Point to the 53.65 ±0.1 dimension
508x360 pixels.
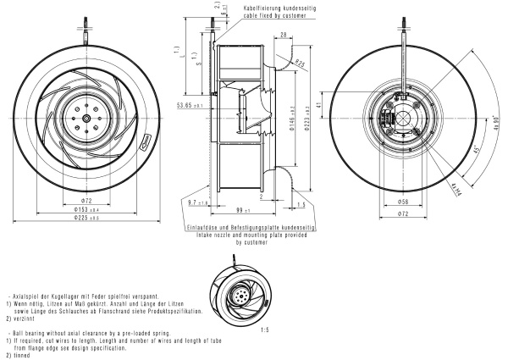189,106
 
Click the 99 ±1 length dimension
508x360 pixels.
241,208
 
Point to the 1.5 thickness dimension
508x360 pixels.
301,205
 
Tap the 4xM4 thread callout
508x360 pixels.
455,186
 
